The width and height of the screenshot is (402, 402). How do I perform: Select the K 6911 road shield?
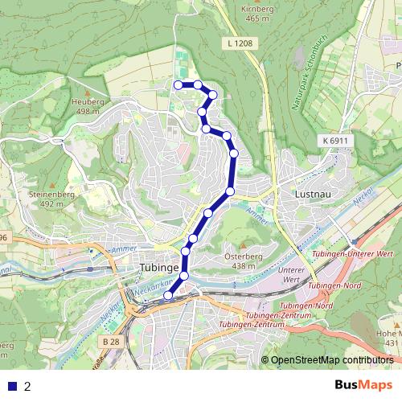333,141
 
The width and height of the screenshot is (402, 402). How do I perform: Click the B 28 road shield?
113,342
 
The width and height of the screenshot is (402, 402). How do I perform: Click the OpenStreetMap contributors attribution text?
331,359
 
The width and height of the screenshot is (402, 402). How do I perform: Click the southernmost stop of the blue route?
168,296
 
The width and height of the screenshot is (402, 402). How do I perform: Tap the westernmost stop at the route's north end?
178,84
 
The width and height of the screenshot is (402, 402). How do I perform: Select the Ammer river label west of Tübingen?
125,250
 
